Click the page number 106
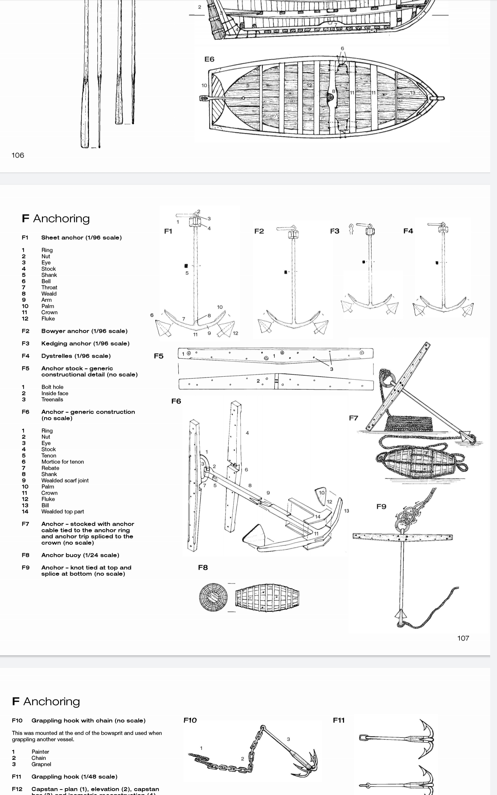coord(18,155)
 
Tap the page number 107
coord(463,638)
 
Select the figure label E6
coord(209,59)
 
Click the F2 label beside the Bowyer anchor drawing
coord(259,231)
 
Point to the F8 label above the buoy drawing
coord(203,568)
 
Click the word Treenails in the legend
coord(52,399)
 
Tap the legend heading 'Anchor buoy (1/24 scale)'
coord(80,555)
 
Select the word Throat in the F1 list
coord(49,288)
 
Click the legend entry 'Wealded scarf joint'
coord(65,480)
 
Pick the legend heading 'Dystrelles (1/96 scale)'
coord(76,356)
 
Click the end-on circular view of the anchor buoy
coord(213,597)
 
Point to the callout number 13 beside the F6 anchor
coord(346,511)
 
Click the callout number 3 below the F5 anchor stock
coord(332,369)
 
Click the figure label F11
coord(339,720)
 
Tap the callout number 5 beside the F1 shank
coord(187,273)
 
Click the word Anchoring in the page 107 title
coord(62,218)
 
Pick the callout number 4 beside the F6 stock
coord(247,433)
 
